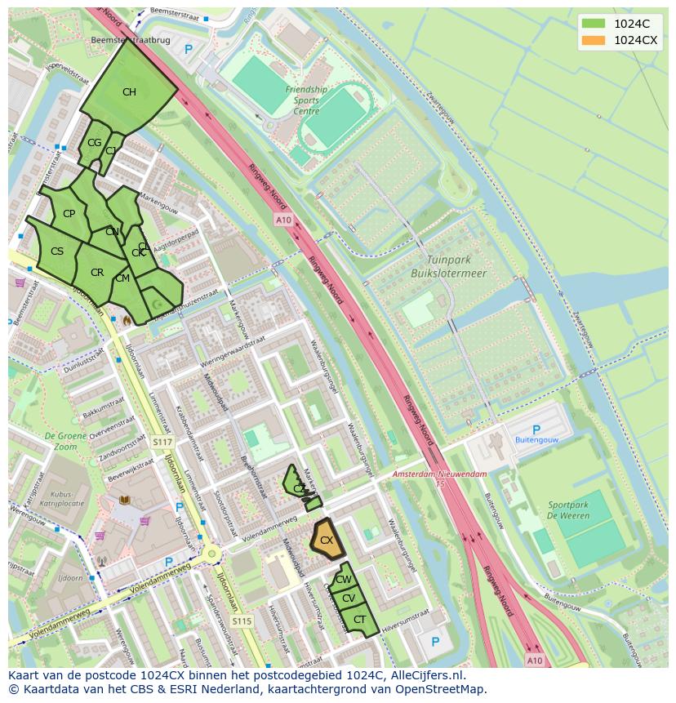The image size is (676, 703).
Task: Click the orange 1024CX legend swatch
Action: click(x=594, y=40)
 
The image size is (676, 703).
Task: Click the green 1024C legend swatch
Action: click(x=594, y=23)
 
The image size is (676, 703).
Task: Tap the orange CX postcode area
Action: click(x=326, y=541)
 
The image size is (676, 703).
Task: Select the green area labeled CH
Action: click(x=128, y=91)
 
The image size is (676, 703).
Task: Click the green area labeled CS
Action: click(x=56, y=251)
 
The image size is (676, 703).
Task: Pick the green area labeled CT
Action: click(x=359, y=620)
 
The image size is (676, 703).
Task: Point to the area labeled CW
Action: click(x=344, y=579)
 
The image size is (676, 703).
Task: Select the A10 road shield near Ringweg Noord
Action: click(x=282, y=220)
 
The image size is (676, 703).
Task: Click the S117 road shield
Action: click(x=162, y=442)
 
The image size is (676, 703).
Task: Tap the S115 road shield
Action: click(x=241, y=621)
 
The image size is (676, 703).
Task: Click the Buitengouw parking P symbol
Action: click(x=536, y=429)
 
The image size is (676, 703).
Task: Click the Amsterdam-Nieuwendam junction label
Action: click(x=439, y=474)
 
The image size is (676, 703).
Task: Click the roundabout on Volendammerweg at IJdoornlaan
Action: click(x=212, y=554)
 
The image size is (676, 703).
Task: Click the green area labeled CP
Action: click(x=69, y=214)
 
